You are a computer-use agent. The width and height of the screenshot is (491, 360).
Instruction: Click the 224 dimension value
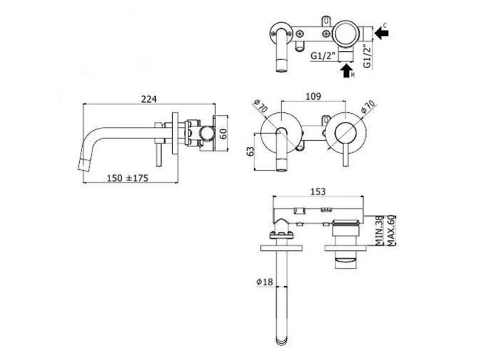[149, 99]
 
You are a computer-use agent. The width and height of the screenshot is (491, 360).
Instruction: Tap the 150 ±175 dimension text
[127, 178]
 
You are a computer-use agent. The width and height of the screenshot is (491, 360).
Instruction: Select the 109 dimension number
[313, 96]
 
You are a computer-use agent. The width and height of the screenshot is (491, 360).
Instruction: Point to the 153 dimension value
[318, 191]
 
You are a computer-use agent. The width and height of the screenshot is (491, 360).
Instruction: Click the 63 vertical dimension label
[251, 152]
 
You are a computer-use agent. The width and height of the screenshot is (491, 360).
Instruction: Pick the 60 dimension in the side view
[223, 134]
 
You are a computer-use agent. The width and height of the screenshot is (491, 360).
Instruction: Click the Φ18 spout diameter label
[265, 282]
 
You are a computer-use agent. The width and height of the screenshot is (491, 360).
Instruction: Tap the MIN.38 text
[379, 231]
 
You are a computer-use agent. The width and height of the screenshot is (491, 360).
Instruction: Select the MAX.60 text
[391, 231]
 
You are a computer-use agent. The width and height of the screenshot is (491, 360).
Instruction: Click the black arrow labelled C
[381, 33]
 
